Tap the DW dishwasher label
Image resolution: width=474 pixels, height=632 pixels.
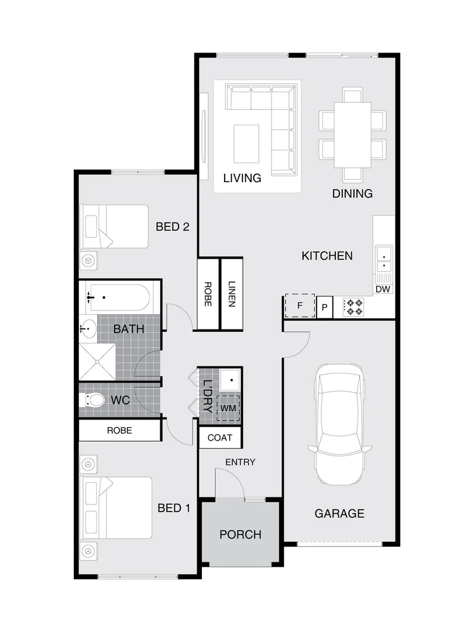pos(383,290)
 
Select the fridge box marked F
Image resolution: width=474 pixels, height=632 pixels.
pos(300,305)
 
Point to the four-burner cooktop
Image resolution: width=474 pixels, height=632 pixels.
pos(353,307)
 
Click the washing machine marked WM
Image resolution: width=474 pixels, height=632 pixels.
pos(228,407)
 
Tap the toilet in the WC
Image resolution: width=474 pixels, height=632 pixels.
pos(93,401)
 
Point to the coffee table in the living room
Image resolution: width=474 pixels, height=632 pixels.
pos(246,144)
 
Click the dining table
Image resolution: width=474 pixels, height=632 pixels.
pos(352,135)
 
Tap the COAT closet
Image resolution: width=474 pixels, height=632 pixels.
pos(220,438)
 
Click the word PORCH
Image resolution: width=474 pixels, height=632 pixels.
pos(240,534)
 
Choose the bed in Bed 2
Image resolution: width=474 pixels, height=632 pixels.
pos(115,226)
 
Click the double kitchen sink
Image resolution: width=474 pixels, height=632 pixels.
pos(384,259)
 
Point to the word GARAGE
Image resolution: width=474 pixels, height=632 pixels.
pos(339,513)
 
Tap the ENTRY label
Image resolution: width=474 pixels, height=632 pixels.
pos(240,462)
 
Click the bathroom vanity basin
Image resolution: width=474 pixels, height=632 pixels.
pos(88,328)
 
